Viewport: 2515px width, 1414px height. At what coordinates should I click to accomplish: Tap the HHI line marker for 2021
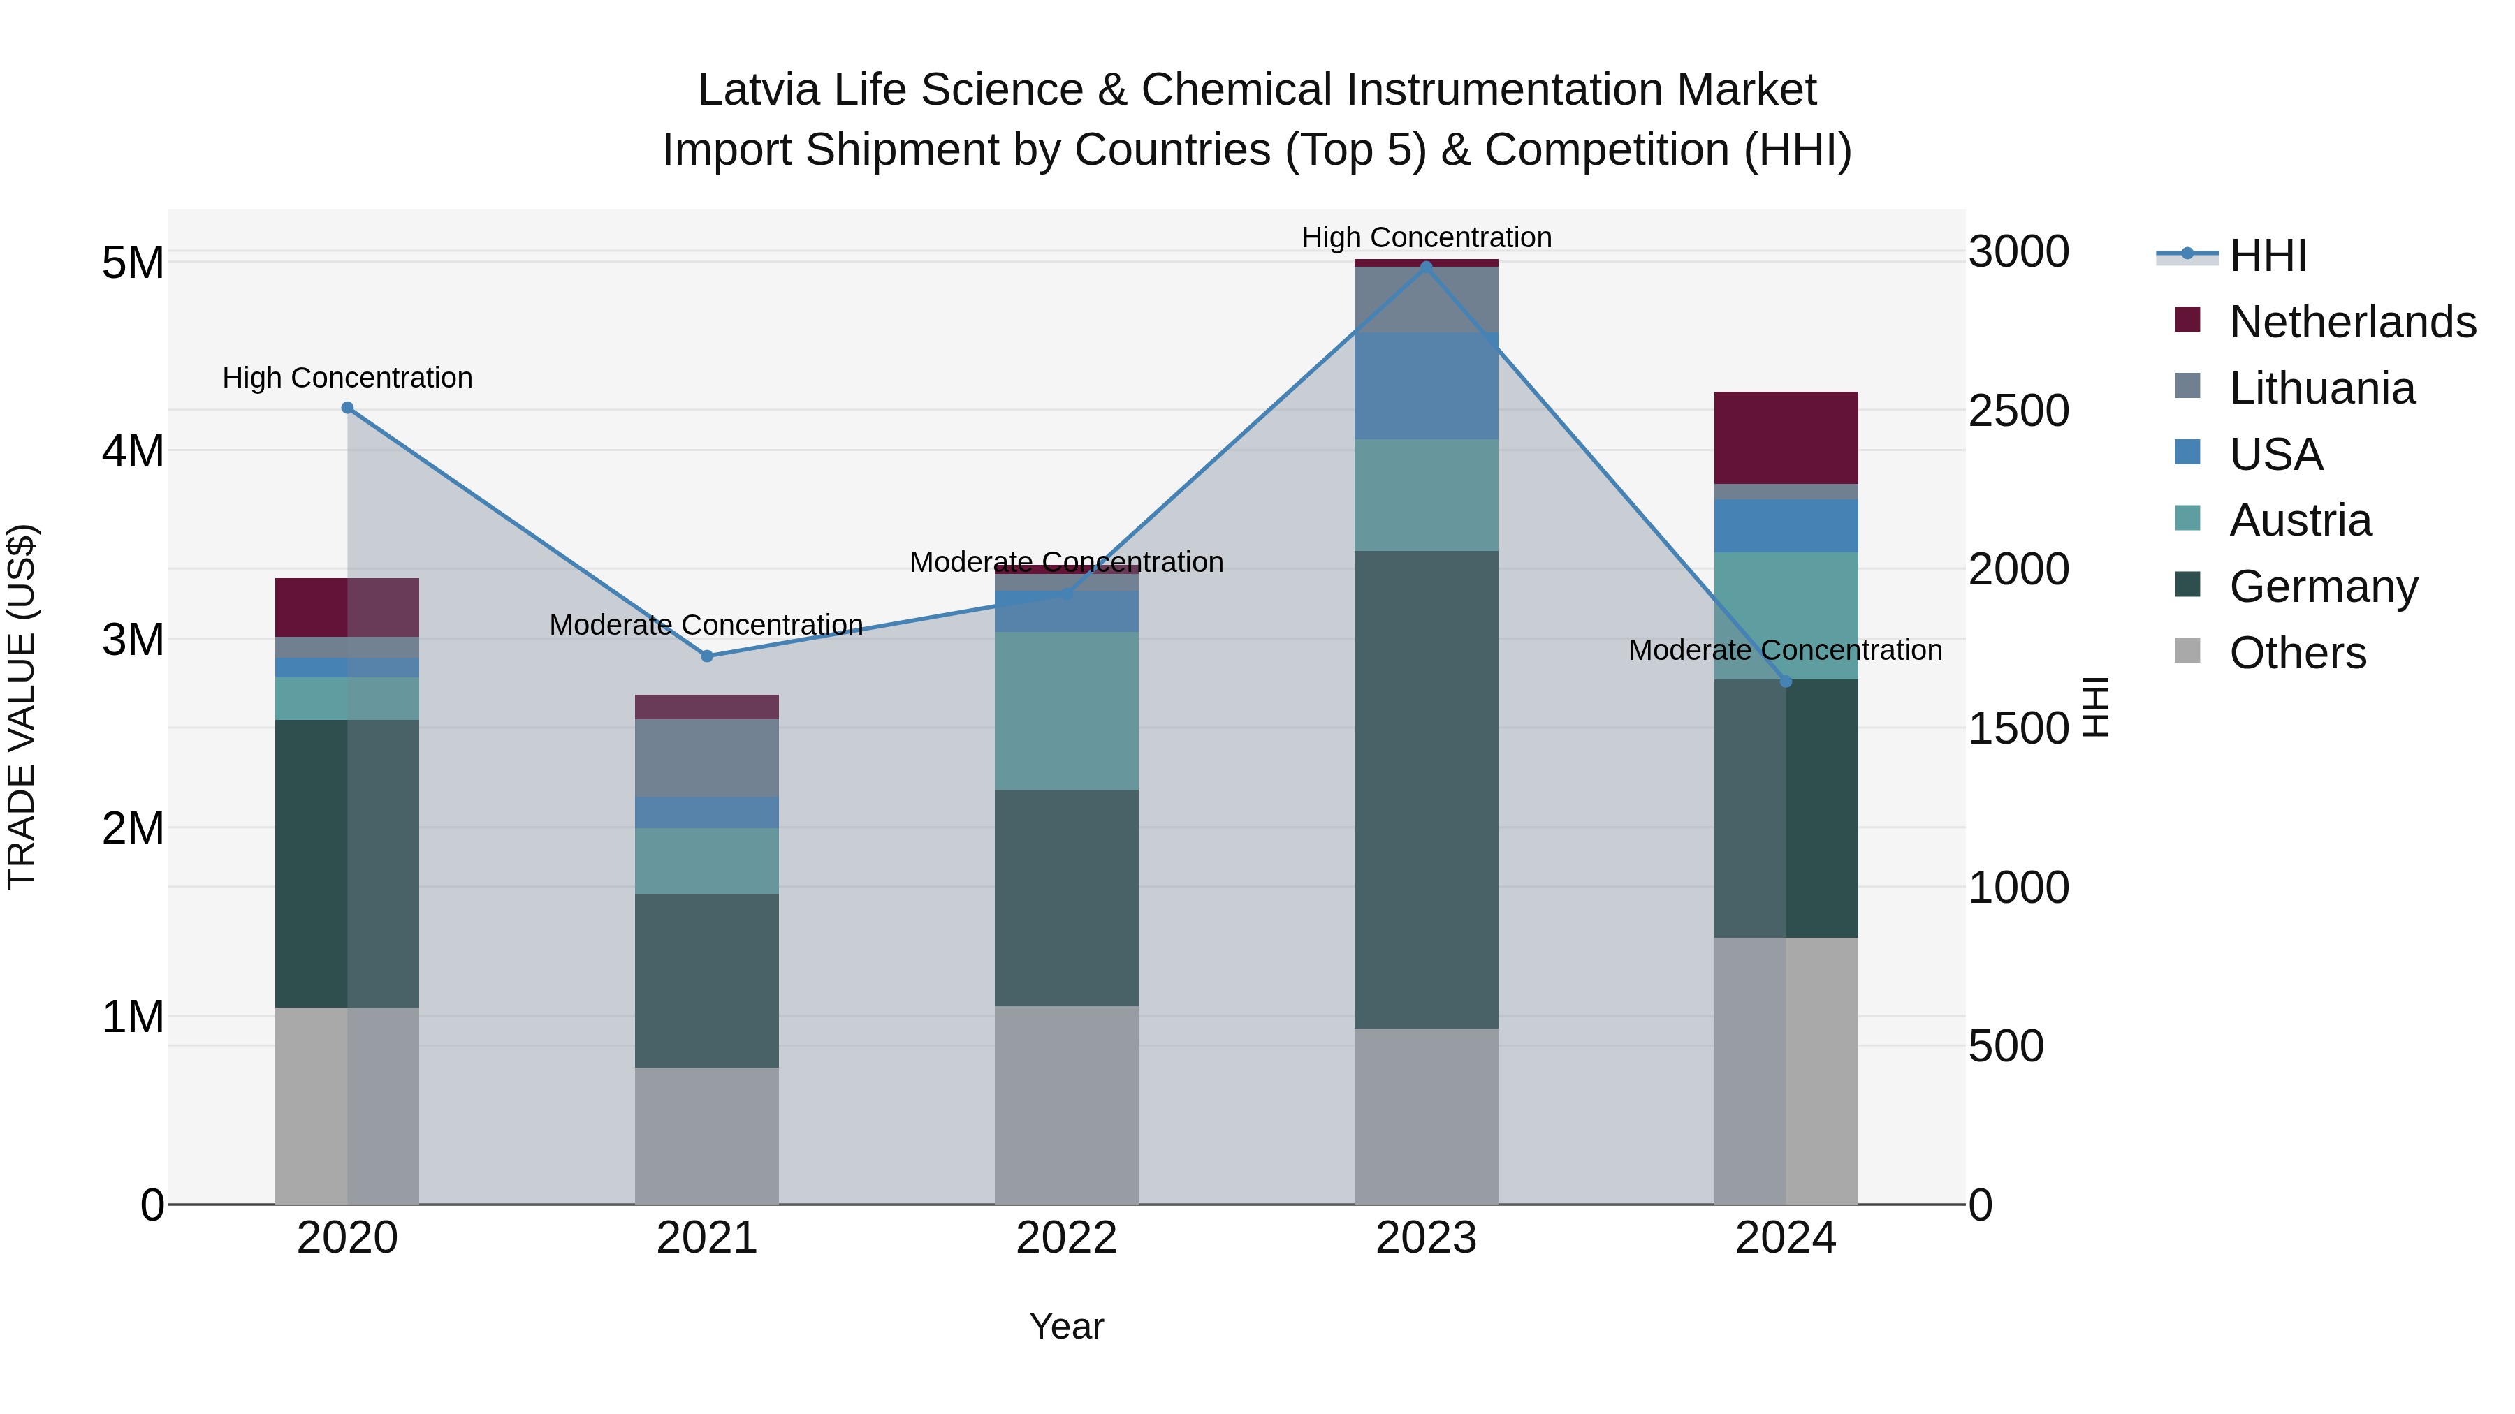707,656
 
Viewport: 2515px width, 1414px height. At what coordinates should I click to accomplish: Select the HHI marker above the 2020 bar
348,408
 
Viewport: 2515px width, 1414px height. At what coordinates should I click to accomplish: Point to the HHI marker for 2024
1786,681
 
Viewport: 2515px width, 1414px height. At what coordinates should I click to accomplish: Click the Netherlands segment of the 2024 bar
1786,437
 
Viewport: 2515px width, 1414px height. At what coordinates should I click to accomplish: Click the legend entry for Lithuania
2321,388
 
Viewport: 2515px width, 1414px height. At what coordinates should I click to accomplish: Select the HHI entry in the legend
2267,256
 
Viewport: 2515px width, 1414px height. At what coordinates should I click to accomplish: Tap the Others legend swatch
2187,651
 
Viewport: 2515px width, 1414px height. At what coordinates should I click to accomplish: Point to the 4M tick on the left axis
133,452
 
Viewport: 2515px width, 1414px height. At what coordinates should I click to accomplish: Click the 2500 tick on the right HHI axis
2017,411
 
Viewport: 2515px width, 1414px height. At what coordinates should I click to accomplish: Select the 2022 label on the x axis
1066,1238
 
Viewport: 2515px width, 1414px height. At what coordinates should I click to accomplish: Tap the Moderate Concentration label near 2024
1785,650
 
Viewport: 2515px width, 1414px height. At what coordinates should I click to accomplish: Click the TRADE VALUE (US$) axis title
22,707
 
